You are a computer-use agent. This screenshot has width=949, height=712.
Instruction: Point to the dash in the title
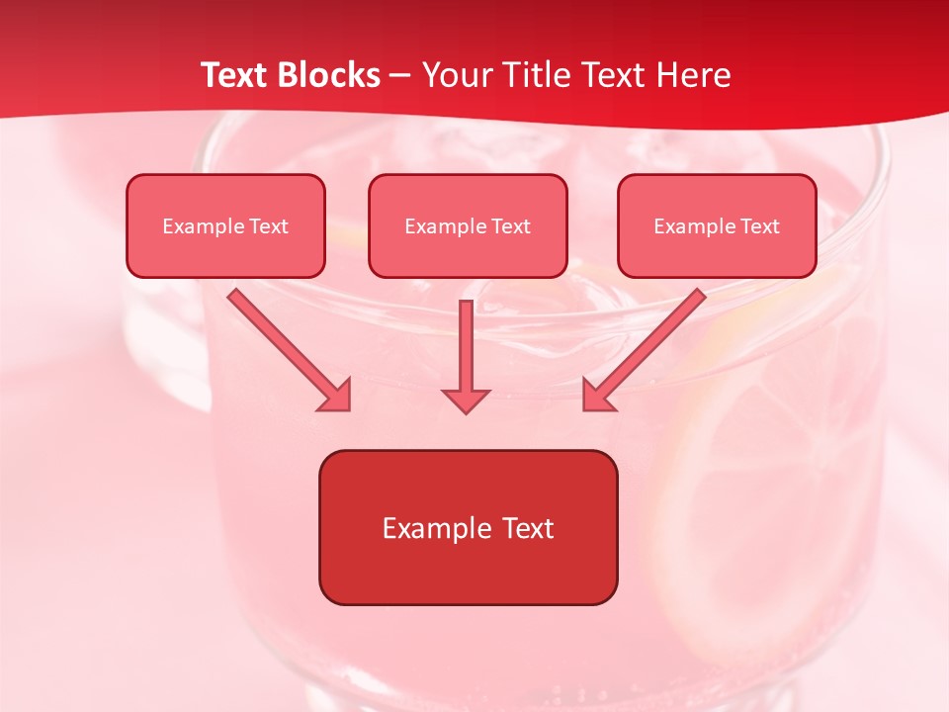[400, 76]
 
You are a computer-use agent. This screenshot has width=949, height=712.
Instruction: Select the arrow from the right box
[645, 350]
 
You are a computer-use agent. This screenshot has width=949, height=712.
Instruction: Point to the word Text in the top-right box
[759, 226]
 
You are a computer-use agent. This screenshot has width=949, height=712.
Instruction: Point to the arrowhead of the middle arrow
[466, 400]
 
